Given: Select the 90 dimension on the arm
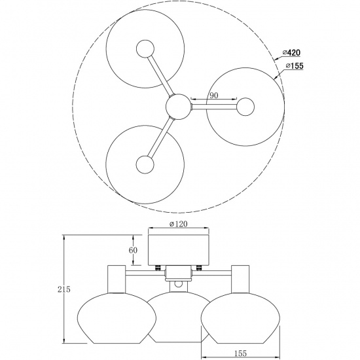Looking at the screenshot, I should pos(212,96).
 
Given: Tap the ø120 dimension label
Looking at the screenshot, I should pos(179,224).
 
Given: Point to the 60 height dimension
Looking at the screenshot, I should pos(133,250).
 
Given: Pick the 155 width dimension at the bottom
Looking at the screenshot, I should pos(240,353).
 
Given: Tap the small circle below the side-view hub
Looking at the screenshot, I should pos(179,285).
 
